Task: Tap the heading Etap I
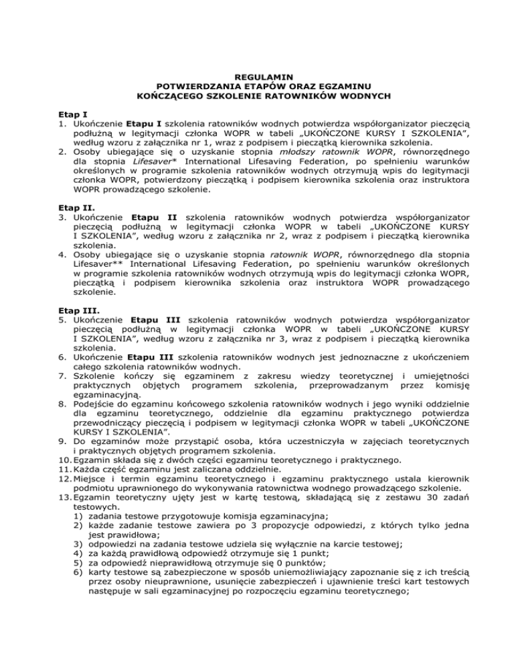point(69,115)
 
